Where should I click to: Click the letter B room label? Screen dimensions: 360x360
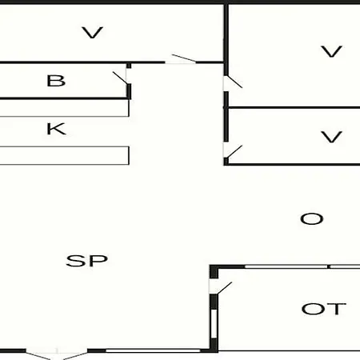pyautogui.click(x=56, y=81)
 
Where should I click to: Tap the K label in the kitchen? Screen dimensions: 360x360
pyautogui.click(x=56, y=129)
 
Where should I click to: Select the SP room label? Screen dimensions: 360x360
pyautogui.click(x=87, y=261)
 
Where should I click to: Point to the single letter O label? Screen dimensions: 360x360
pyautogui.click(x=312, y=219)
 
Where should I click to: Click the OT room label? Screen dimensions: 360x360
pyautogui.click(x=324, y=309)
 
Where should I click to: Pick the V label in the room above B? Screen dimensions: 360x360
pyautogui.click(x=92, y=33)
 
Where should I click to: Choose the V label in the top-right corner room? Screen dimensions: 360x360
pyautogui.click(x=331, y=51)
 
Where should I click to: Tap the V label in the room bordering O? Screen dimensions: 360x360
pyautogui.click(x=331, y=137)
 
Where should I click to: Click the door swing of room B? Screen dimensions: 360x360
pyautogui.click(x=120, y=78)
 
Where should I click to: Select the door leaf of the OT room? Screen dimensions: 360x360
pyautogui.click(x=225, y=288)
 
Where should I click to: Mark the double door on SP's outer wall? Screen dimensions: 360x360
pyautogui.click(x=57, y=354)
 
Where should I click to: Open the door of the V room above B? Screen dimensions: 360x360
pyautogui.click(x=184, y=58)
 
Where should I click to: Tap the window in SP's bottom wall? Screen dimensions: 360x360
pyautogui.click(x=153, y=350)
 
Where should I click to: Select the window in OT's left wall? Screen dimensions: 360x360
pyautogui.click(x=214, y=323)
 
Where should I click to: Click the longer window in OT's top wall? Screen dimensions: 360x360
pyautogui.click(x=286, y=266)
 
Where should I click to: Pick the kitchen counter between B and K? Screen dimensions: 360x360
pyautogui.click(x=65, y=108)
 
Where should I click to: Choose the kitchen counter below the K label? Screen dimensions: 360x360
pyautogui.click(x=65, y=155)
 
